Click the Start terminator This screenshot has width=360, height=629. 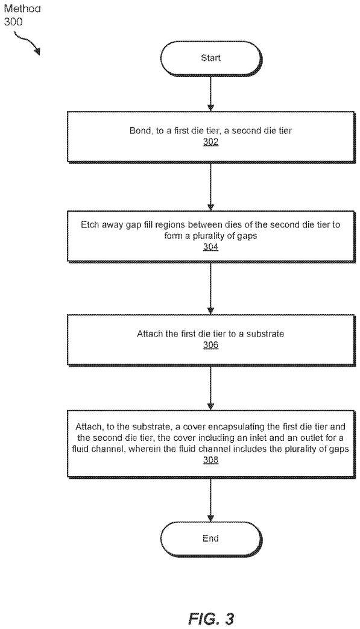tap(211, 58)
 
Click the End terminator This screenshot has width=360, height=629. tap(211, 539)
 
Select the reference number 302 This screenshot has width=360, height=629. tap(211, 142)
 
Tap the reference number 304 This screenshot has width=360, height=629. tap(211, 247)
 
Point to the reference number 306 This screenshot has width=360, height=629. tap(211, 344)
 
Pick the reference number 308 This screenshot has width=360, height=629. tap(211, 460)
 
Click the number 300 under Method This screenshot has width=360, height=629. tap(13, 22)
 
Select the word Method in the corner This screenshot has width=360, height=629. tap(22, 9)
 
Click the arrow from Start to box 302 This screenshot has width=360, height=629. tap(211, 94)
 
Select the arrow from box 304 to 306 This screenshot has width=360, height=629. tap(211, 288)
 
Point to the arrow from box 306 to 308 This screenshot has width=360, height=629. tap(211, 388)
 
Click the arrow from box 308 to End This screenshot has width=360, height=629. tap(211, 499)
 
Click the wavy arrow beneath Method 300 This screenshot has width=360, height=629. tap(27, 43)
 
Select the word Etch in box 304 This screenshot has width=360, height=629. tap(89, 224)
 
